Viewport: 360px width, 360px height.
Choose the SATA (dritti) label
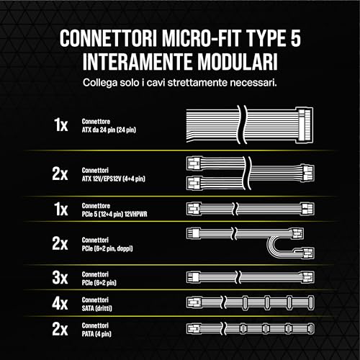coord(101,305)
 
